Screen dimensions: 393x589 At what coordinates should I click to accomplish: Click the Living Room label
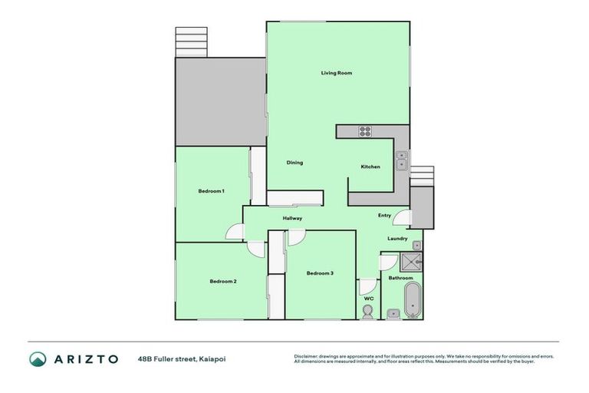point(336,73)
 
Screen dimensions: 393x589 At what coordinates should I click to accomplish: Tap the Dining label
point(294,163)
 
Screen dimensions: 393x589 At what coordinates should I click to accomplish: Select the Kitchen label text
point(370,167)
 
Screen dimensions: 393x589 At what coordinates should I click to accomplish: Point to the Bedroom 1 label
point(211,190)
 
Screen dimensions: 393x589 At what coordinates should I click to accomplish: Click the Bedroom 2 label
point(223,281)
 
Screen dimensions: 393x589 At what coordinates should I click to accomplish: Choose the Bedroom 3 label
point(320,273)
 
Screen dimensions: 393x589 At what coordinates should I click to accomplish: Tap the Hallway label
point(292,219)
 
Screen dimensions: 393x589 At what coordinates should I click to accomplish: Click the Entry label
point(384,216)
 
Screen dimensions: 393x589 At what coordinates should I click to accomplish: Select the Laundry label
point(397,239)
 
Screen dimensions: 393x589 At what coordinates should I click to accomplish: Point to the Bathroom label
point(400,278)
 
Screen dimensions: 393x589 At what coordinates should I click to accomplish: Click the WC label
point(368,298)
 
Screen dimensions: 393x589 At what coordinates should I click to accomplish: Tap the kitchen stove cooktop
point(365,131)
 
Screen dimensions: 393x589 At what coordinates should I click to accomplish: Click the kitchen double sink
point(401,160)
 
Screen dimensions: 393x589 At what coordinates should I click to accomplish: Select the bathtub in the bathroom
point(413,300)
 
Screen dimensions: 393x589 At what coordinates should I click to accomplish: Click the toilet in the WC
point(368,311)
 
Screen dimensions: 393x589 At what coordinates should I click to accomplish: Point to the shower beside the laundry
point(413,258)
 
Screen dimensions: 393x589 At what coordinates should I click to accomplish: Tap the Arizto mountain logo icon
point(38,358)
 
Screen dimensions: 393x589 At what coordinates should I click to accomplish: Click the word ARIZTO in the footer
point(85,358)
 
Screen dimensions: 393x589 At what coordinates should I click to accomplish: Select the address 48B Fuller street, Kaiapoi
point(182,358)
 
